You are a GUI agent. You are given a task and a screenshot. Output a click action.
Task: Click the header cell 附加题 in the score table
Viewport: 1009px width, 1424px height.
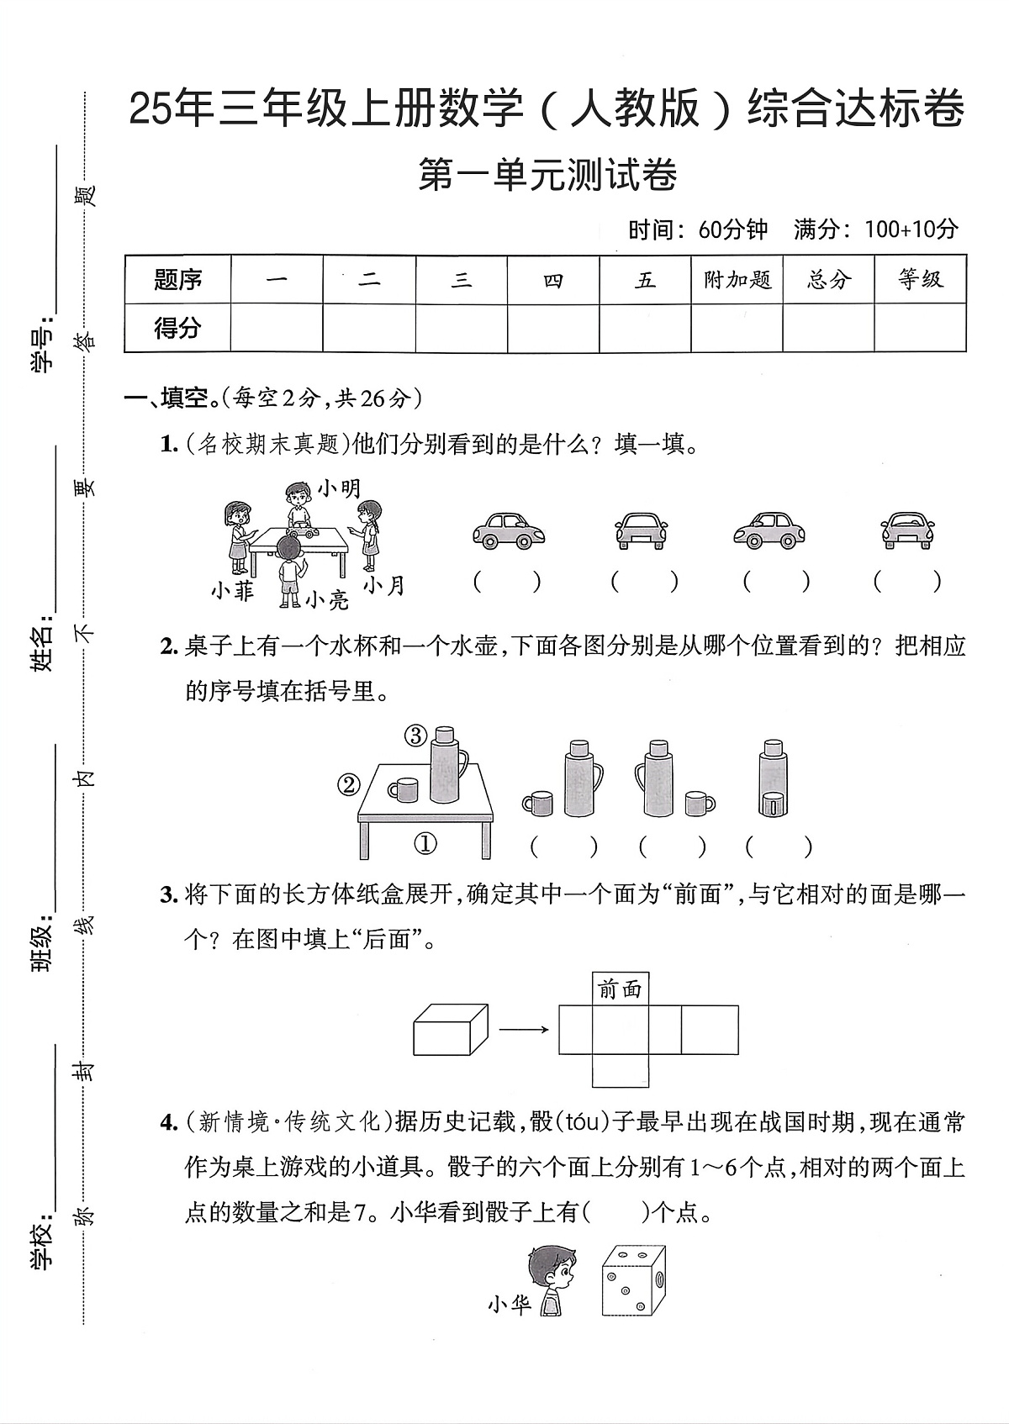pyautogui.click(x=737, y=280)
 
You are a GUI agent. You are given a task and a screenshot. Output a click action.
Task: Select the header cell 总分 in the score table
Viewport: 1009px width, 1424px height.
pyautogui.click(x=828, y=280)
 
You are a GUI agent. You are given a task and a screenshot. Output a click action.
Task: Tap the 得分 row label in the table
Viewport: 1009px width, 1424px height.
pyautogui.click(x=177, y=327)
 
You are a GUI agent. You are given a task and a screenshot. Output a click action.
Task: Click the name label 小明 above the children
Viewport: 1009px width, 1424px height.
pyautogui.click(x=339, y=488)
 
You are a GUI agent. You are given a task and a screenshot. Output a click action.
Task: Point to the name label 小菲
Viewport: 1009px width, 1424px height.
pyautogui.click(x=233, y=591)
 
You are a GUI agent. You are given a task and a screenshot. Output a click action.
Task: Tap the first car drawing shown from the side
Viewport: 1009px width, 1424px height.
pyautogui.click(x=509, y=530)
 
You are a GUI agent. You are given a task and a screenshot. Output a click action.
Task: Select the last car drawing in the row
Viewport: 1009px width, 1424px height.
pyautogui.click(x=907, y=530)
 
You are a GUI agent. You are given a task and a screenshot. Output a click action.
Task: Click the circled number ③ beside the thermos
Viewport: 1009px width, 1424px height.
pyautogui.click(x=415, y=736)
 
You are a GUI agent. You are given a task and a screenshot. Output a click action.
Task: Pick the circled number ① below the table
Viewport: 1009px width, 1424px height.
pyautogui.click(x=426, y=842)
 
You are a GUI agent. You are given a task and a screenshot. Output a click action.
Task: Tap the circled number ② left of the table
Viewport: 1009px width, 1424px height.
pyautogui.click(x=348, y=785)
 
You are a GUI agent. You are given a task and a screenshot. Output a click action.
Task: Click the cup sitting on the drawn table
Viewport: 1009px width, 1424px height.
pyautogui.click(x=404, y=789)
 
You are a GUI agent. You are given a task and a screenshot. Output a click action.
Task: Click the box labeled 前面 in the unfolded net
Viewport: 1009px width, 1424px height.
pyautogui.click(x=621, y=989)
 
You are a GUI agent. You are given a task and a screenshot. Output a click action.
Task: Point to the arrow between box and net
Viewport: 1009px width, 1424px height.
pyautogui.click(x=524, y=1030)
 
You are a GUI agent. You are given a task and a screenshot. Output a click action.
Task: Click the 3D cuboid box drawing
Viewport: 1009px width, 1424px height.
pyautogui.click(x=451, y=1030)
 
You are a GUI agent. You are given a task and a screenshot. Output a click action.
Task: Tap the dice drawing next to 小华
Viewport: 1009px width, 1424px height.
pyautogui.click(x=633, y=1281)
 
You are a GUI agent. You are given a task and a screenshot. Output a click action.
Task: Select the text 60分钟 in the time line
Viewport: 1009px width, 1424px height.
pyautogui.click(x=732, y=229)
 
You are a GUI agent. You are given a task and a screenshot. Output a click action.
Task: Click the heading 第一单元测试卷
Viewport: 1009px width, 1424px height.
pyautogui.click(x=547, y=176)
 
